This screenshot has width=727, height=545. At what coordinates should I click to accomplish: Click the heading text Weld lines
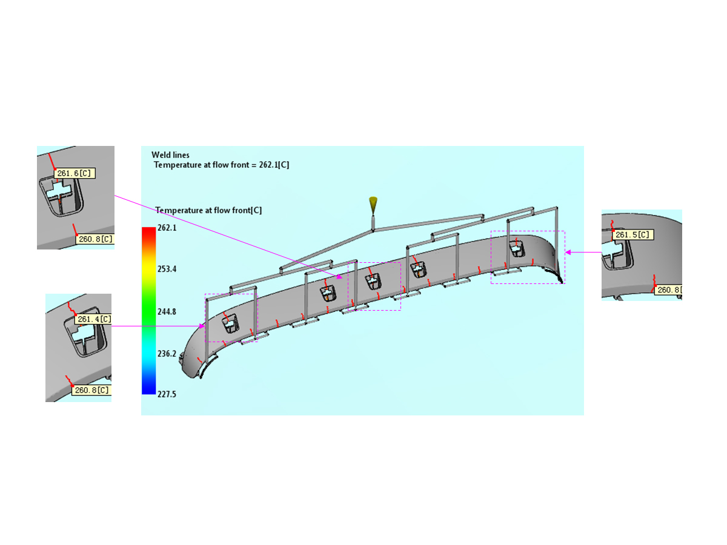[170, 155]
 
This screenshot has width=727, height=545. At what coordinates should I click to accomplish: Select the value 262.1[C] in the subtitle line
[274, 165]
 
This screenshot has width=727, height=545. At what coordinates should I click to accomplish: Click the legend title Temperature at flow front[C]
[208, 210]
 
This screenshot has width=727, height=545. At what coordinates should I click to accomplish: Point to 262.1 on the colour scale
[167, 228]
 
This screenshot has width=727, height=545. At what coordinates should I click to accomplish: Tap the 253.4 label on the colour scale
[167, 269]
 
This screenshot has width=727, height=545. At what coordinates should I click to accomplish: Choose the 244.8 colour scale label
[167, 312]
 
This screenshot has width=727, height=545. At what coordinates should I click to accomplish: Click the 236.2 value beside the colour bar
[167, 354]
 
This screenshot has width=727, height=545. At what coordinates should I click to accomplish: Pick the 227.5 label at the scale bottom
[167, 394]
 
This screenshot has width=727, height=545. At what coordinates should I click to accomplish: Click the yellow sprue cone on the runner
[373, 205]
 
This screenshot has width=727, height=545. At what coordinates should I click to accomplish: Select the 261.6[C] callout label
[75, 173]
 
